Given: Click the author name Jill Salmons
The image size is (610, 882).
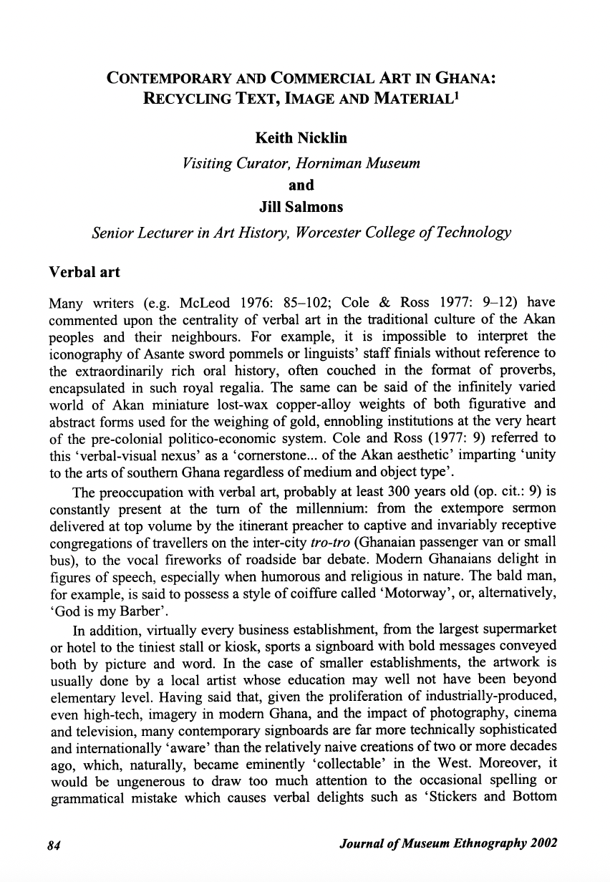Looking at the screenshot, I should (x=300, y=208).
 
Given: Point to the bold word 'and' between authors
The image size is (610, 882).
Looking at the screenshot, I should (x=300, y=185).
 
